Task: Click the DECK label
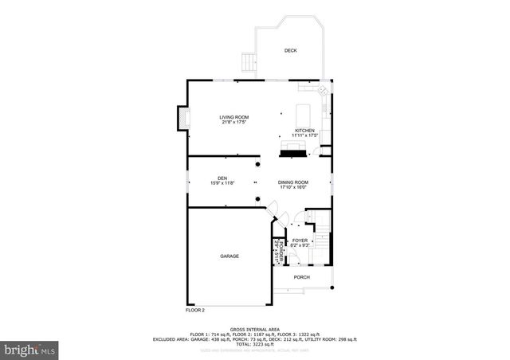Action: [290, 51]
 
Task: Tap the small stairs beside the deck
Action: [249, 61]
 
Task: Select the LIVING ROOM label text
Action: [234, 117]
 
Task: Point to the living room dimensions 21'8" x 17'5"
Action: [234, 123]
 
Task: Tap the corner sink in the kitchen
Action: [323, 90]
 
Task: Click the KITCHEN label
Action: [304, 131]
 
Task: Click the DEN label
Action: [222, 178]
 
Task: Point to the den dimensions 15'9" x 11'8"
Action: [222, 183]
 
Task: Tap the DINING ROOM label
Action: [292, 182]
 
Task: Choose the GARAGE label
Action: [229, 256]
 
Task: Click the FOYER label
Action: [300, 241]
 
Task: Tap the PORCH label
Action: [301, 277]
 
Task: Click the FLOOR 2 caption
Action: [195, 310]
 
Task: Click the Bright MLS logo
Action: [29, 349]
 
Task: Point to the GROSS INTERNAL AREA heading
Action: [254, 329]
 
